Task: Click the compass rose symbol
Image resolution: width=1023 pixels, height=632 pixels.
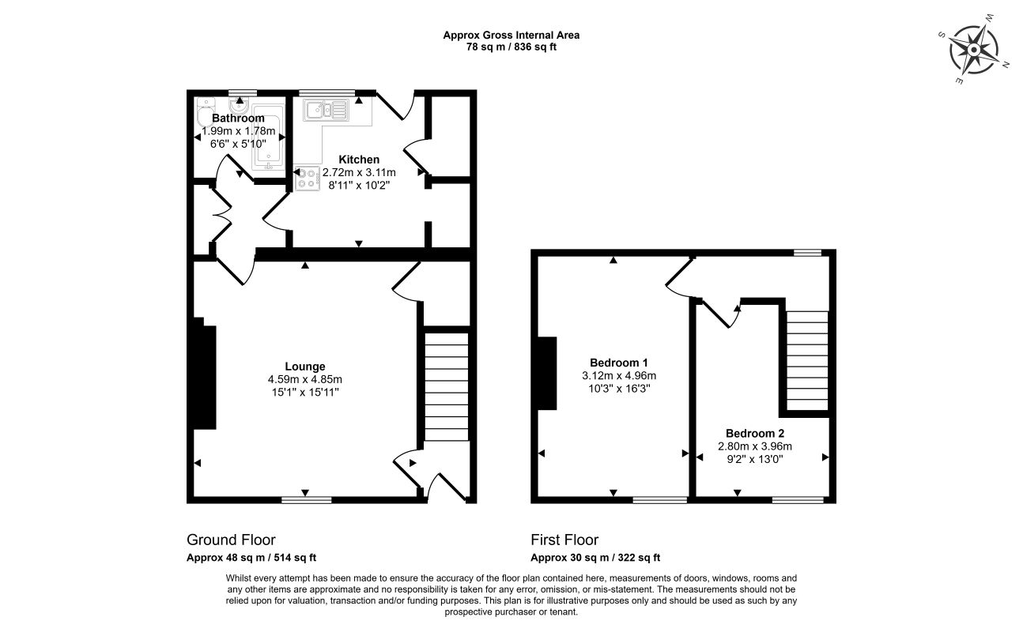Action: click(973, 51)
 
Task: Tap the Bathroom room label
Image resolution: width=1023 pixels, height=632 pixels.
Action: click(238, 118)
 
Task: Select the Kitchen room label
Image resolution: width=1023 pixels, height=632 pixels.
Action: click(359, 160)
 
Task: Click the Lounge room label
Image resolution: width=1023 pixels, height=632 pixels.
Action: click(305, 367)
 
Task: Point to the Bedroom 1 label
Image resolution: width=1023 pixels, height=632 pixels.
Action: click(619, 363)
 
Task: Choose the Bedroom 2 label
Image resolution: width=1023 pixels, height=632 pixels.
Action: click(755, 434)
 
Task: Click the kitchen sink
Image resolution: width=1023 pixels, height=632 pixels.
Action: click(326, 111)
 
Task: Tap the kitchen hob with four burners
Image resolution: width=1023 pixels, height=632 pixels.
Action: click(307, 178)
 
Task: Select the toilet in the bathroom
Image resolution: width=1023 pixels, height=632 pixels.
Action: click(205, 112)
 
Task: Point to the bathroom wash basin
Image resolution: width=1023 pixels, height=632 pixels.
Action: click(239, 107)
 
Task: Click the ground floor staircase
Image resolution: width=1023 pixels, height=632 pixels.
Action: click(447, 386)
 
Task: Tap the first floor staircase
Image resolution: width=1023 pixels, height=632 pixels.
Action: click(807, 360)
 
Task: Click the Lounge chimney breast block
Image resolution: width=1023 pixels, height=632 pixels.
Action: click(204, 373)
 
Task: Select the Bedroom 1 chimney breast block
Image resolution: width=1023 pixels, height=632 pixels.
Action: click(547, 373)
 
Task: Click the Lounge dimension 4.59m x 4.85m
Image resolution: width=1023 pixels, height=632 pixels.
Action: click(305, 379)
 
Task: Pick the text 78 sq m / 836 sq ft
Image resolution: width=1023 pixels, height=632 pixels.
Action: click(511, 47)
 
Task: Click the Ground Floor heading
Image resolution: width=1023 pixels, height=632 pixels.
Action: click(231, 540)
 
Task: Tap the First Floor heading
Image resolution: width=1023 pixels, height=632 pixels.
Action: click(564, 540)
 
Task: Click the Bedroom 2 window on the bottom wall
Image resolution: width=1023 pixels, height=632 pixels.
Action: click(798, 500)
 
